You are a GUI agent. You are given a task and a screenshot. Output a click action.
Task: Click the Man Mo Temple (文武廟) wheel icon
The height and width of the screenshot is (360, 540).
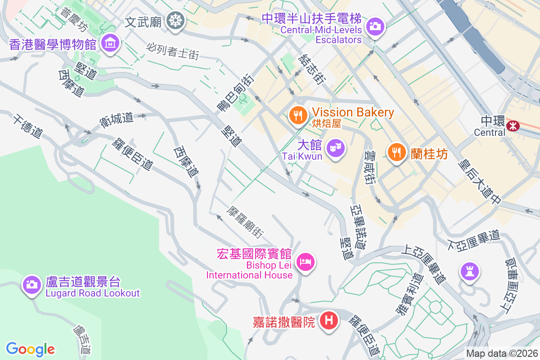pyautogui.click(x=174, y=21)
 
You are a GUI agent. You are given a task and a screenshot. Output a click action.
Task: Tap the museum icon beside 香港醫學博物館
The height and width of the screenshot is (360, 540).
pyautogui.click(x=110, y=43)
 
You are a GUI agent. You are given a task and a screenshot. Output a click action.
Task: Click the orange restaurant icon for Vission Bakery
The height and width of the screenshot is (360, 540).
pyautogui.click(x=297, y=116)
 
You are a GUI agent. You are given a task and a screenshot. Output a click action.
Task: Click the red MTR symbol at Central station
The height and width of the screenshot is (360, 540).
pyautogui.click(x=512, y=125)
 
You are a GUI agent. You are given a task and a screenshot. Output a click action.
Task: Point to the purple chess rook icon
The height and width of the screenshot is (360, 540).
pyautogui.click(x=469, y=271)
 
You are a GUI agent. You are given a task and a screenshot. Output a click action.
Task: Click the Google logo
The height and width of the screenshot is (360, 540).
pyautogui.click(x=30, y=349)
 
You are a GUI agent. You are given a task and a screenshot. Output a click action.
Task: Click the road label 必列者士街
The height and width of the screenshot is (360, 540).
pyautogui.click(x=172, y=51)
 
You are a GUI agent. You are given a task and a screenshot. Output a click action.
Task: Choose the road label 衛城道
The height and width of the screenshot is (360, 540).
pyautogui.click(x=117, y=118)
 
